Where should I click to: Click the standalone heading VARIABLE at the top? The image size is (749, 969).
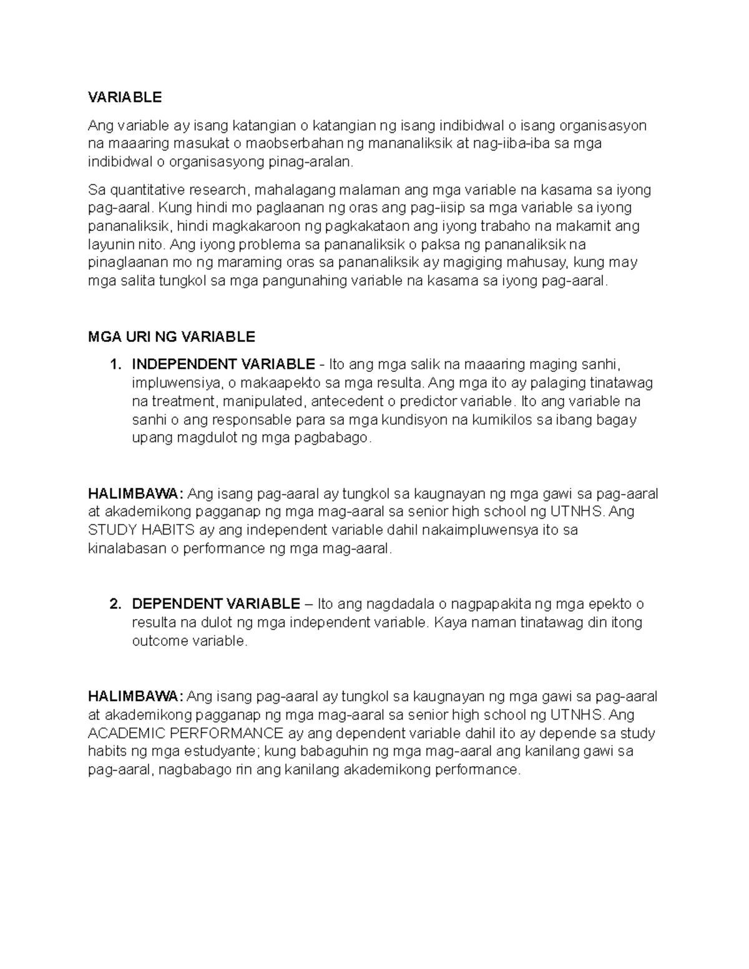125,97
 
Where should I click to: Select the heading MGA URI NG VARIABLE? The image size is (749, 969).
172,337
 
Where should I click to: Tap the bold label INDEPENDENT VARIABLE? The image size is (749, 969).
223,364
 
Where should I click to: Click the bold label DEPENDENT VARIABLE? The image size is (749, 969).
216,604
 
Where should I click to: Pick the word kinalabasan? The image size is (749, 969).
127,549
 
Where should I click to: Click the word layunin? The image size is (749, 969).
111,244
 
